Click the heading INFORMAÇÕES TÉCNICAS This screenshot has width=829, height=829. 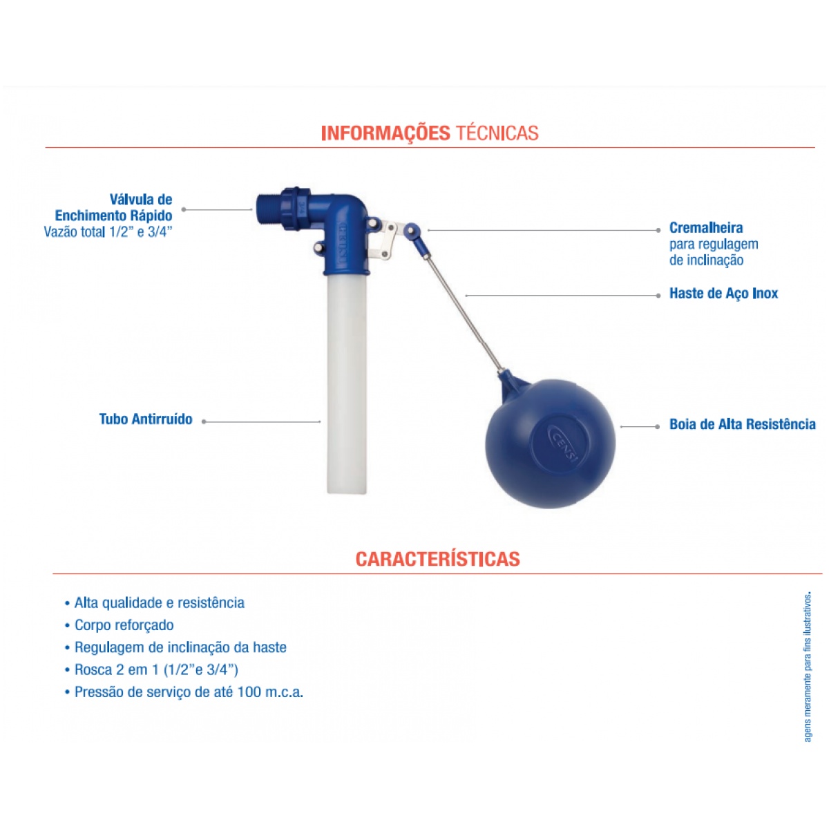[429, 133]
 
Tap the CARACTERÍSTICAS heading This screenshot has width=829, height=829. [437, 559]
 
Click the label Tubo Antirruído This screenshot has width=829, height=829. [146, 419]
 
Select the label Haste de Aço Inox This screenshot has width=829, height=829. [723, 294]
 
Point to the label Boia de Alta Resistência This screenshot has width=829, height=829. [743, 424]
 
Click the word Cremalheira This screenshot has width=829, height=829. [706, 227]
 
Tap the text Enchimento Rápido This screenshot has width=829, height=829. [113, 216]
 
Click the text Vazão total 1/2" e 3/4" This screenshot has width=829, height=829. [108, 232]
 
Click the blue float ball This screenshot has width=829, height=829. [550, 443]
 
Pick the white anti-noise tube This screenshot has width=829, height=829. [347, 384]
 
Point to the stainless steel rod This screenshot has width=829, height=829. [463, 314]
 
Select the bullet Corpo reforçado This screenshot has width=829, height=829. [119, 625]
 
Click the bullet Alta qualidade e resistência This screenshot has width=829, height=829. [155, 602]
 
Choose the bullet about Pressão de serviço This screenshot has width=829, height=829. [184, 692]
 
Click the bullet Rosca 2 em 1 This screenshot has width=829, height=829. [151, 670]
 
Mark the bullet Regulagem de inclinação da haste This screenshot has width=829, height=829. [175, 647]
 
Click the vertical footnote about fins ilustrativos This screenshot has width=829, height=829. [807, 667]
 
